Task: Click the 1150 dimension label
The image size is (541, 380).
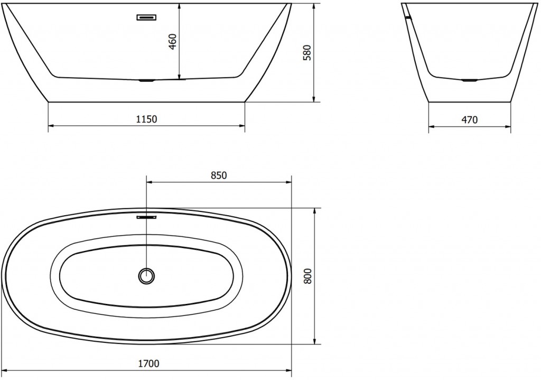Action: pos(147,119)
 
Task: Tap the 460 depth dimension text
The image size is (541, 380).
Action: pos(172,42)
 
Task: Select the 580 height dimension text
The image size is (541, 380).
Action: pos(307,53)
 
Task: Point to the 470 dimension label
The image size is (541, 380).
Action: pos(469,120)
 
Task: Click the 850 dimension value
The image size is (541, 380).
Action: pos(219,175)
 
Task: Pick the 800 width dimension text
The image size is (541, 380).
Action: pos(309,276)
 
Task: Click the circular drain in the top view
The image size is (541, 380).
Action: pos(146,275)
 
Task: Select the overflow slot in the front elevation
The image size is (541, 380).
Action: pos(147,17)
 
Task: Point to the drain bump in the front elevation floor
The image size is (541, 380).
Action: pos(146,81)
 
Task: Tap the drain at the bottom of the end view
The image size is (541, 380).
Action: pos(469,80)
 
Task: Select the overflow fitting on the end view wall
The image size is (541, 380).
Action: pos(406,17)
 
